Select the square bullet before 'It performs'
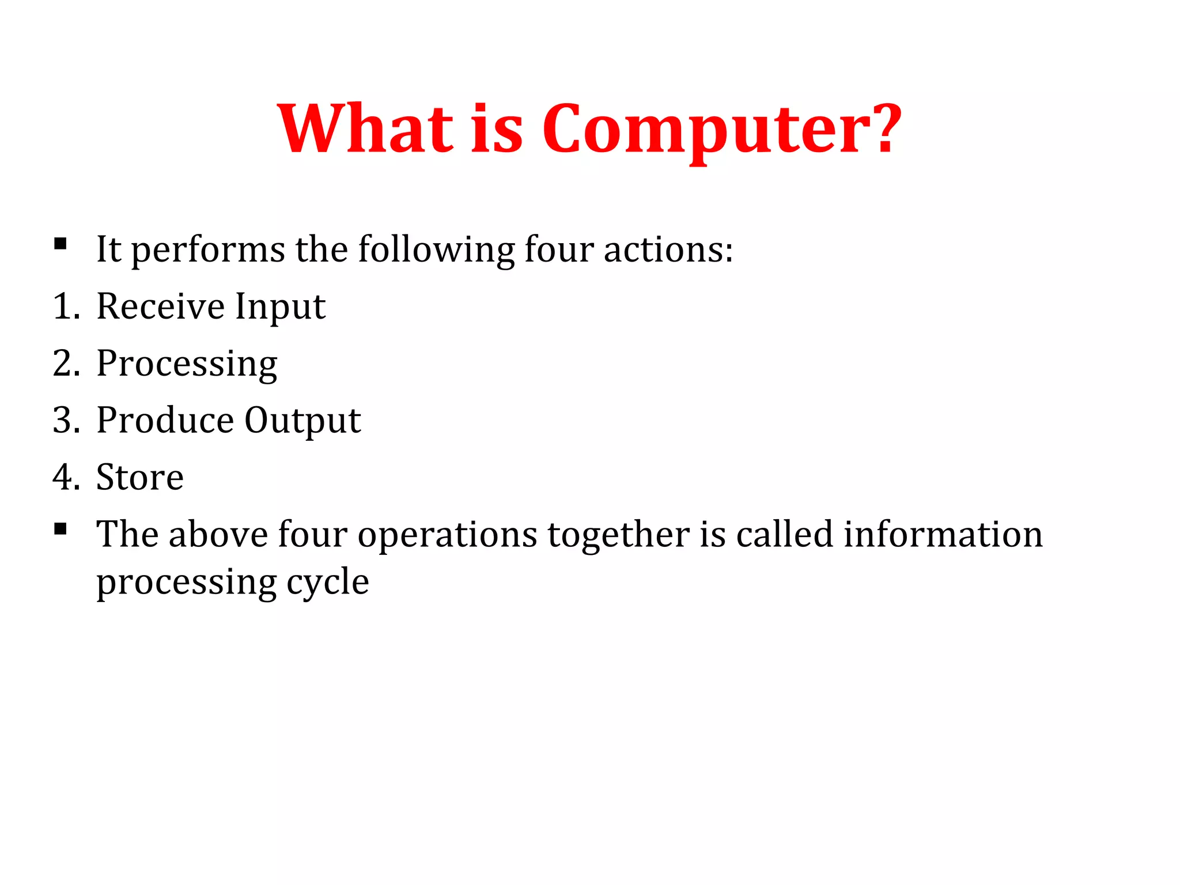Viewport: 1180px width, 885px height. (60, 244)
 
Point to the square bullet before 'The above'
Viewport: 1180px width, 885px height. (60, 529)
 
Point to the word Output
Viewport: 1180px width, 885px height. (302, 421)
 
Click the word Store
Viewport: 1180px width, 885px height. (140, 477)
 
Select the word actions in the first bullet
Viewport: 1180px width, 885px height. (668, 249)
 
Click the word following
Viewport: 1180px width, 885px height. (436, 251)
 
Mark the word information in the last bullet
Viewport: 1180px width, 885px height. (943, 534)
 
